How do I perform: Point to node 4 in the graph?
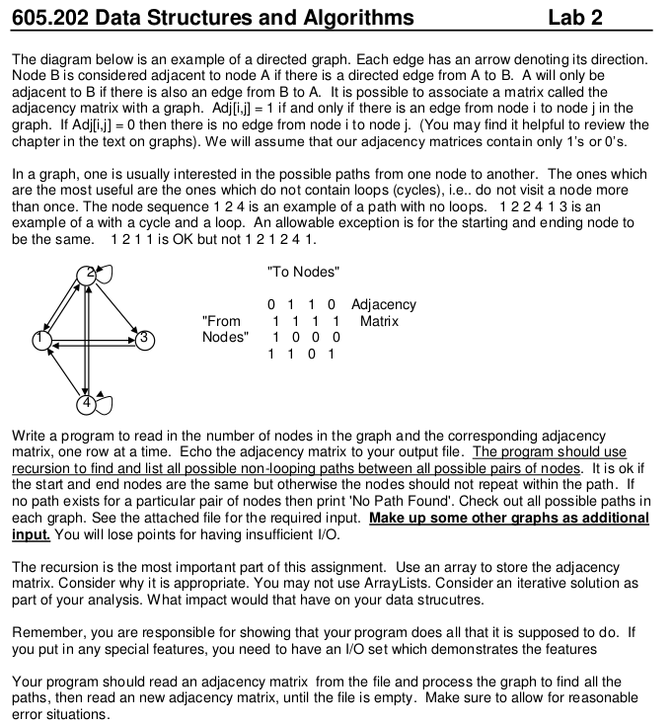pyautogui.click(x=87, y=402)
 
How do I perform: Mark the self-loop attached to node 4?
pyautogui.click(x=106, y=405)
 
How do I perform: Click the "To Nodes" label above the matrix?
pyautogui.click(x=303, y=272)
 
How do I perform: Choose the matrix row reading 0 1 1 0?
pyautogui.click(x=304, y=304)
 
